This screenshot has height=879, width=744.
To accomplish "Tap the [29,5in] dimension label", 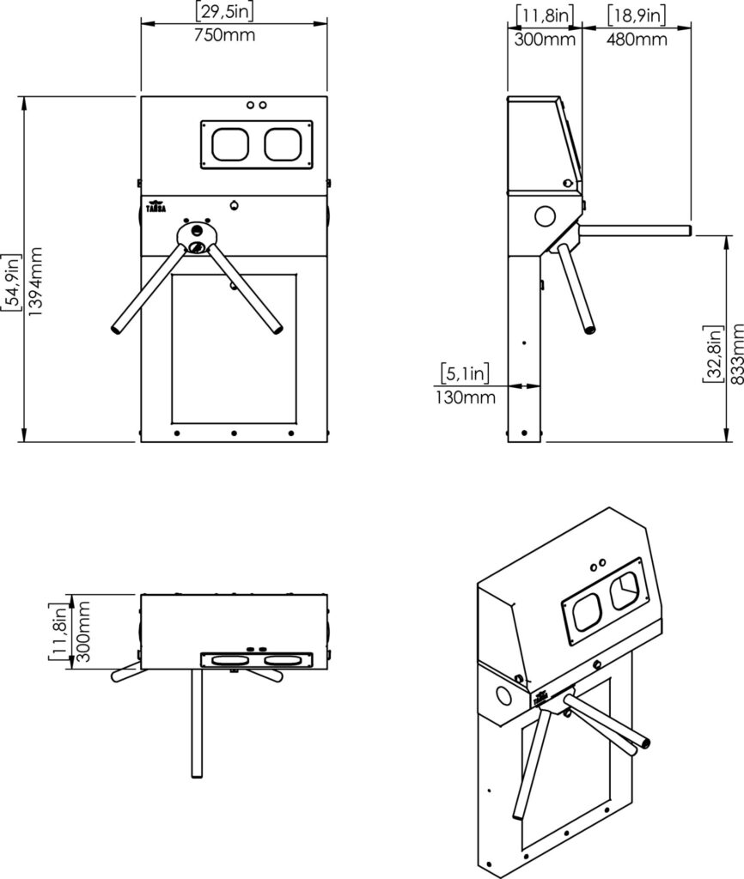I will [x=224, y=12].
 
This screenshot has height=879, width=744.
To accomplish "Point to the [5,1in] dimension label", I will [x=465, y=373].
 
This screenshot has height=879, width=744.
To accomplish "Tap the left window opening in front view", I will [x=230, y=144].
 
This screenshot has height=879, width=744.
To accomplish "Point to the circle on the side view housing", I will [x=545, y=215].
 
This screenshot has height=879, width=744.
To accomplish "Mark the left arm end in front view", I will [x=118, y=328].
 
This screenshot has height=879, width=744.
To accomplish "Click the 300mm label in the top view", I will [x=83, y=631].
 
